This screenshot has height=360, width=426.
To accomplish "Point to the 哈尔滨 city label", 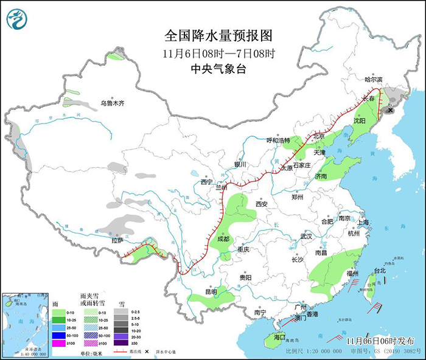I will [373, 80].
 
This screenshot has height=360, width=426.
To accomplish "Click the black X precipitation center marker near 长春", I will [389, 109].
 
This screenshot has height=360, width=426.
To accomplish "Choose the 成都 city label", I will [222, 239].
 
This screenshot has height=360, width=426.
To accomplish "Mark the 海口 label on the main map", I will [279, 336].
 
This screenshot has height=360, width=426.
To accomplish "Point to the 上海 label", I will [364, 222].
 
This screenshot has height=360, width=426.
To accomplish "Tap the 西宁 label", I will [206, 182].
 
